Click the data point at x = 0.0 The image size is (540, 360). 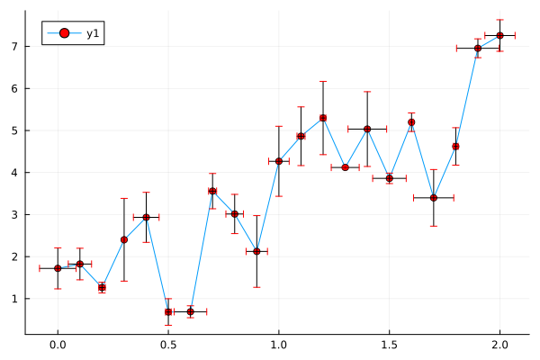pos(58,268)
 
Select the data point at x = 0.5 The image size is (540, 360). pos(168,311)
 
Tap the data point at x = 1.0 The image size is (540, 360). pos(279,161)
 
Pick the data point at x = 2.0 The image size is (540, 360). pos(499,35)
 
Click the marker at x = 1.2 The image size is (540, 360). pos(323,118)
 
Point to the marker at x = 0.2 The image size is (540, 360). pos(102,287)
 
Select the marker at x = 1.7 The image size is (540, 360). pos(434,197)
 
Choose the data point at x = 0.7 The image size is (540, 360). pos(212,191)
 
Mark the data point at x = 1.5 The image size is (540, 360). pos(390,178)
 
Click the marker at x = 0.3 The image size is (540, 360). pos(124,239)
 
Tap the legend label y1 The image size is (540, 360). pos(93,34)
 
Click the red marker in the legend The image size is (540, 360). pos(63,34)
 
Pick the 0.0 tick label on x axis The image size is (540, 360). pos(58,345)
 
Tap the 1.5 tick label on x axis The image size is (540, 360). pos(390,345)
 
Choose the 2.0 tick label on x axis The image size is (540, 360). pos(499,345)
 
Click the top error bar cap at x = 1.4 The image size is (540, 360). pos(367,92)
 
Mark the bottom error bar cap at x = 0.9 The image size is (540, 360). pos(256,287)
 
